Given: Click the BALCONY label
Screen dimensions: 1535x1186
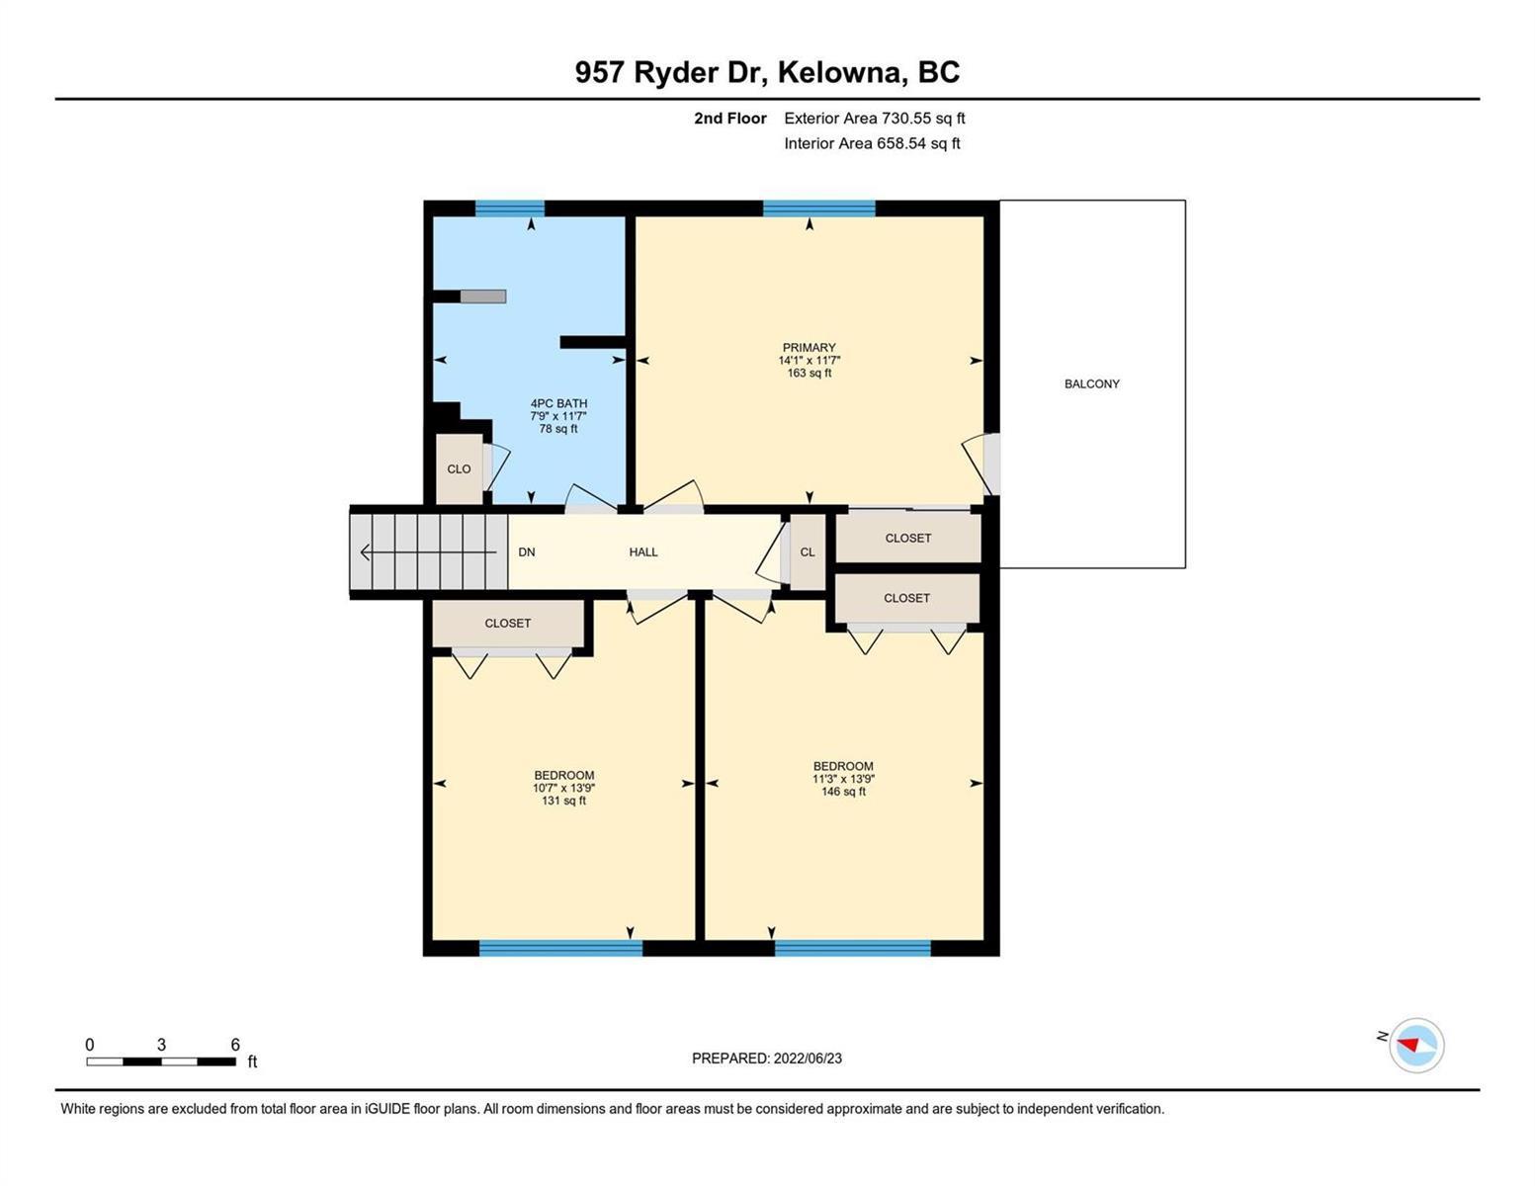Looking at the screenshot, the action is pos(1091,383).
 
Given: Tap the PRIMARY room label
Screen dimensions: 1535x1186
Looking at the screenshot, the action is pos(809,348).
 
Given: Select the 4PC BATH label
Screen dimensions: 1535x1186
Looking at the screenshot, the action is pos(558,403).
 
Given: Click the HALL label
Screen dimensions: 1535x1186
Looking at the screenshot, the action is pos(643,551).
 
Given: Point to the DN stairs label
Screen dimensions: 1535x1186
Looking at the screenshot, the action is pos(526,551).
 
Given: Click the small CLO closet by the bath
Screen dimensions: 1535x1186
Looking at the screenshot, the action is pos(460,469).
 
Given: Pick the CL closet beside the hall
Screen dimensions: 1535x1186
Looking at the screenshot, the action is pos(808,551).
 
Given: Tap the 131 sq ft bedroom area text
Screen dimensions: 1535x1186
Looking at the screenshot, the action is pos(563,801).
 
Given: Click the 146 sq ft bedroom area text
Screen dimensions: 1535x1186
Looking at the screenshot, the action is pos(843,791).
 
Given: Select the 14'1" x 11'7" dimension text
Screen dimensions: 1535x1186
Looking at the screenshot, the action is pos(810,361).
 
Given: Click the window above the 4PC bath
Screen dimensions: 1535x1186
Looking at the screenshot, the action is pos(509,209).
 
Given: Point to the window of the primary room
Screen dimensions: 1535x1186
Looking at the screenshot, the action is pos(818,209).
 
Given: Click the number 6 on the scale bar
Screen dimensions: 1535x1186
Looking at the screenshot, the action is pos(235,1044).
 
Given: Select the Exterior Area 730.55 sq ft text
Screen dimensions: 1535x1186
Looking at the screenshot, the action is pos(874,118).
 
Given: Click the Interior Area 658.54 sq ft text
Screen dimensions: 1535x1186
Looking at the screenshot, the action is pos(872,143).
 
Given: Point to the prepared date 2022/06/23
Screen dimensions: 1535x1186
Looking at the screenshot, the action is pos(808,1059).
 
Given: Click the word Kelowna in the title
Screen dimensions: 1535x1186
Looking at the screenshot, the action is pos(843,72).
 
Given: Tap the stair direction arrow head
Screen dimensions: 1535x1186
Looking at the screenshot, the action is pos(365,551).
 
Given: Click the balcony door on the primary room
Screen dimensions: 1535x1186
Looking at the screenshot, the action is pos(991,465).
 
